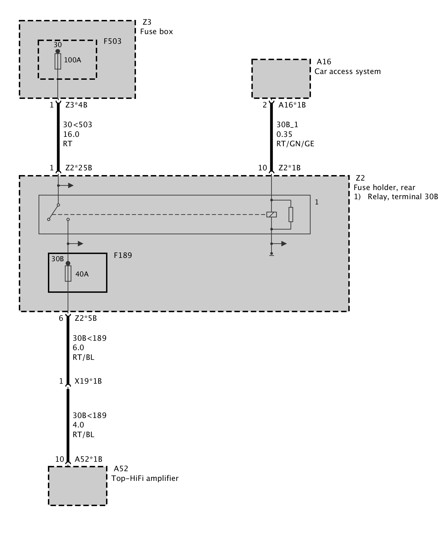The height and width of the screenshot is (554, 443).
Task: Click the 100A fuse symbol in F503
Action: pyautogui.click(x=58, y=61)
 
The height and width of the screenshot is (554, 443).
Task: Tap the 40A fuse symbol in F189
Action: pyautogui.click(x=68, y=274)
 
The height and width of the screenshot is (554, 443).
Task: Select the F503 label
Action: pyautogui.click(x=112, y=41)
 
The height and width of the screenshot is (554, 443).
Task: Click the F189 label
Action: pyautogui.click(x=123, y=255)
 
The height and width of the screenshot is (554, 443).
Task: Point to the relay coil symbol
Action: pyautogui.click(x=272, y=214)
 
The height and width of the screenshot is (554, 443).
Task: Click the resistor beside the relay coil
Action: pyautogui.click(x=291, y=215)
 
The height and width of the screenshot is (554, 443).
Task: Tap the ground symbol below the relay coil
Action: pyautogui.click(x=272, y=254)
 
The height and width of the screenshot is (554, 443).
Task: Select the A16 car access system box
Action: pyautogui.click(x=281, y=78)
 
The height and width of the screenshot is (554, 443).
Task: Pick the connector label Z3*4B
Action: pyautogui.click(x=76, y=105)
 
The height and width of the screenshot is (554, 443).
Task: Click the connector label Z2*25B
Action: pyautogui.click(x=79, y=168)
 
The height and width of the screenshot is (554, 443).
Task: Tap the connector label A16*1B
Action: pyautogui.click(x=292, y=105)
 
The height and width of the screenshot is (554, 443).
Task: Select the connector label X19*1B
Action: pyautogui.click(x=88, y=381)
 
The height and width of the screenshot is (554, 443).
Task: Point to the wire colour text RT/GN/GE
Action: pyautogui.click(x=295, y=144)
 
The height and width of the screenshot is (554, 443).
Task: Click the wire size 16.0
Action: pyautogui.click(x=71, y=134)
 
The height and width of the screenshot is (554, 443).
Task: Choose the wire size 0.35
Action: pyautogui.click(x=284, y=134)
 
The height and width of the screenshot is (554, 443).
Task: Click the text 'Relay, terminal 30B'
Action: pyautogui.click(x=403, y=197)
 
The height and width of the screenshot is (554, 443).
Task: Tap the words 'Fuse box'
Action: pyautogui.click(x=156, y=32)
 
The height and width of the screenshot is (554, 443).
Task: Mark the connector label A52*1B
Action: pyautogui.click(x=89, y=459)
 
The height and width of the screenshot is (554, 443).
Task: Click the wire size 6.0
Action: pyautogui.click(x=78, y=348)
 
